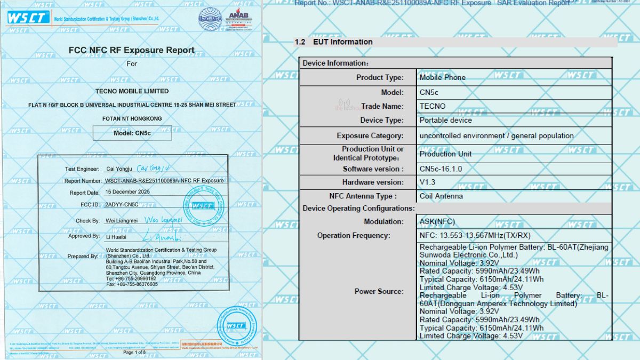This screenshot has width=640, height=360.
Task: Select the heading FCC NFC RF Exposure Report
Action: click(132, 50)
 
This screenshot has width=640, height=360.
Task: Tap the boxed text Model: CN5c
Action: click(132, 133)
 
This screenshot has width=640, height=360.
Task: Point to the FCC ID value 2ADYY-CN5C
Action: click(122, 204)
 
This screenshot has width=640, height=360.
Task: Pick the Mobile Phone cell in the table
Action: click(442, 77)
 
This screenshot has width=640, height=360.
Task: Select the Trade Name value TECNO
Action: click(432, 106)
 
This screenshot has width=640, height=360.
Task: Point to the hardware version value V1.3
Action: click(428, 182)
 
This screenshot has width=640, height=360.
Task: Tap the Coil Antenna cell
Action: click(441, 196)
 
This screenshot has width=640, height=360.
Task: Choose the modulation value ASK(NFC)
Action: click(437, 221)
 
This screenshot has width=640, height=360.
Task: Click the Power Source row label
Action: click(379, 291)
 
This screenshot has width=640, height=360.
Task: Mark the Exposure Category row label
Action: click(370, 135)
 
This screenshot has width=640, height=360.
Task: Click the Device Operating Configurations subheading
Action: click(358, 208)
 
